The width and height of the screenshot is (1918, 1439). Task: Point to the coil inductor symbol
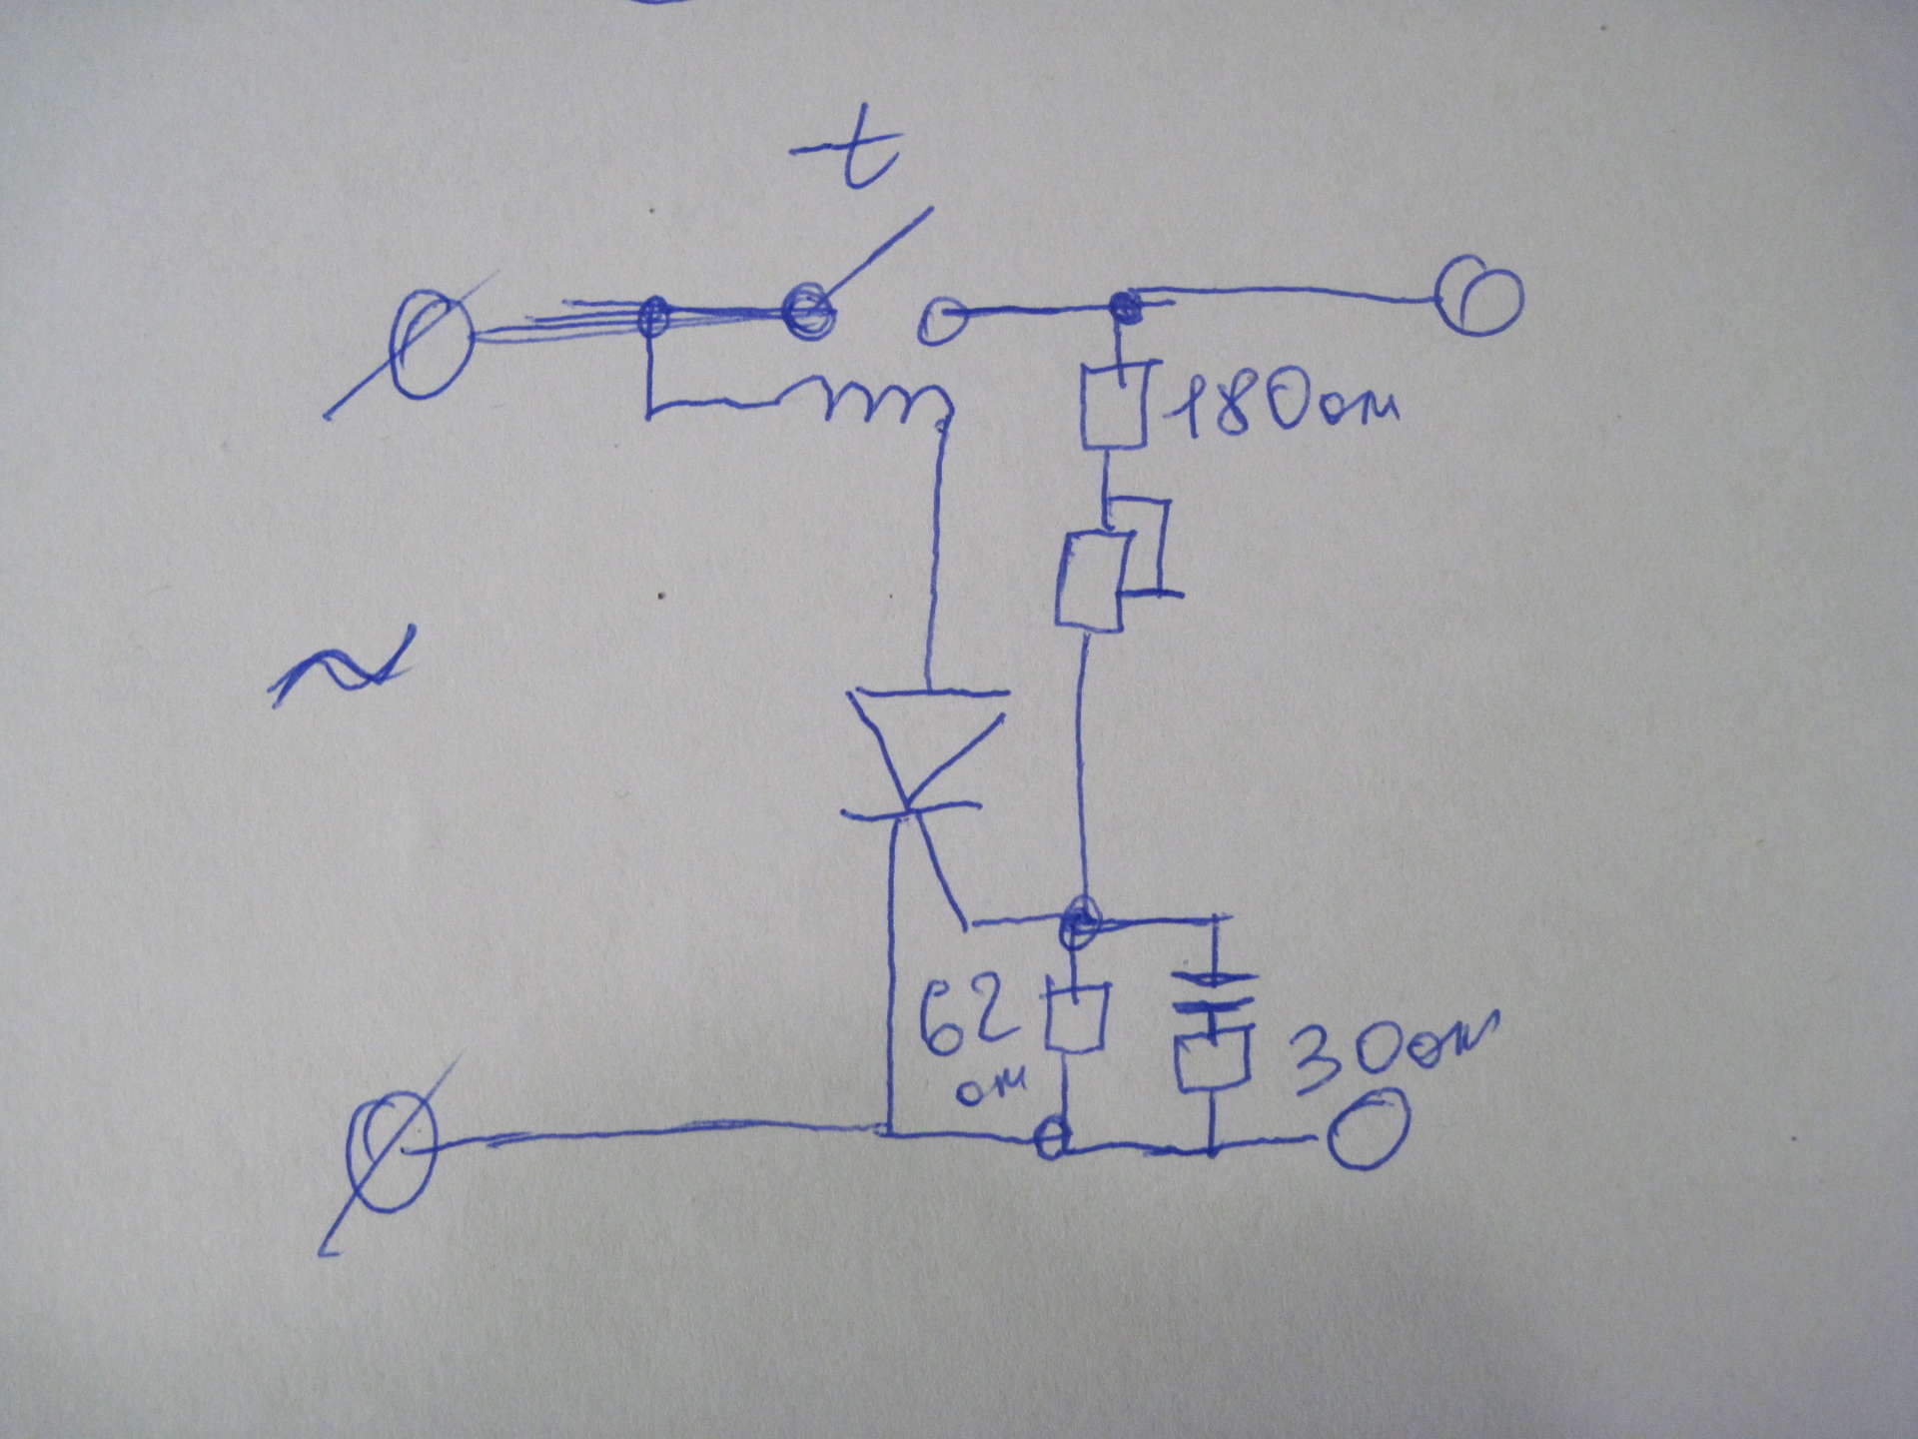(x=879, y=402)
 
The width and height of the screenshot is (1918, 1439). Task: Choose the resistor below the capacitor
(x=1213, y=1059)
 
